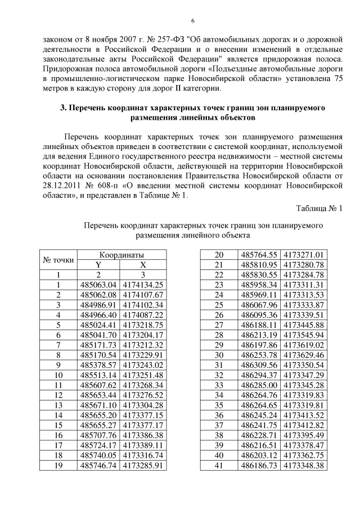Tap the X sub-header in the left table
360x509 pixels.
tap(143, 265)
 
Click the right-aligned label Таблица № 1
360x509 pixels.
tap(319, 208)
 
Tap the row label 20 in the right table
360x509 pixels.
tap(219, 255)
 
